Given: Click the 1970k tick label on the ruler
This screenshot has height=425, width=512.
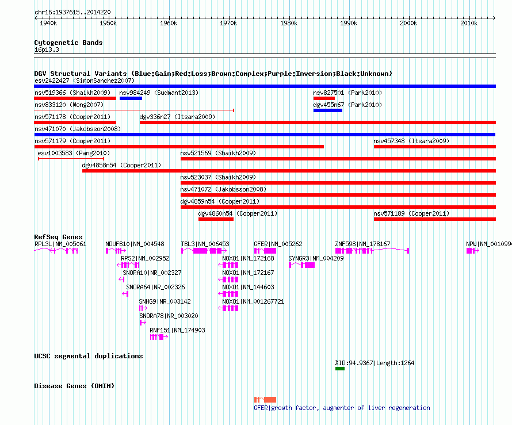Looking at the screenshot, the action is [228, 23].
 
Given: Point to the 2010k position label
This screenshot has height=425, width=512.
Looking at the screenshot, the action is [469, 23].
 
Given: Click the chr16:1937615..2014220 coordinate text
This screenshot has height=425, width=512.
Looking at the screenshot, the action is [72, 12].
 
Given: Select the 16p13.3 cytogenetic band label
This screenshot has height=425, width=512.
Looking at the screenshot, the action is [47, 49].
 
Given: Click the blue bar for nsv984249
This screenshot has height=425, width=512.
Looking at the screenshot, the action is [131, 98].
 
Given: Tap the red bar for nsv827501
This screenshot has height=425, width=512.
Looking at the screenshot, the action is [324, 98].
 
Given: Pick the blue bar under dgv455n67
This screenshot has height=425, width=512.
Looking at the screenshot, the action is [328, 110].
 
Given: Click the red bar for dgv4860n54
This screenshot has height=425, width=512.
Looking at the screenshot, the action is [216, 219].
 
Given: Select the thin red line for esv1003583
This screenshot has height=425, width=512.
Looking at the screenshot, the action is [71, 159].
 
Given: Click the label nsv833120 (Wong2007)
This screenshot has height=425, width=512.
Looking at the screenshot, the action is [69, 105].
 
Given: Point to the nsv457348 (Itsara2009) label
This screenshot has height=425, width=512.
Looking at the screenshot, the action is [411, 141].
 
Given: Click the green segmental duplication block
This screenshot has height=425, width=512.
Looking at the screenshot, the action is [340, 369].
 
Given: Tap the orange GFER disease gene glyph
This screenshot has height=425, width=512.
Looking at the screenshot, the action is [265, 400].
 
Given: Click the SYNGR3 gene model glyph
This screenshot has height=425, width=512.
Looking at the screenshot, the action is [301, 265].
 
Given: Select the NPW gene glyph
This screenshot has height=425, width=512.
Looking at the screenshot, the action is [473, 251].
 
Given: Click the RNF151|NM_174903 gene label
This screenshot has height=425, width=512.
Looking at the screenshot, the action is [177, 330].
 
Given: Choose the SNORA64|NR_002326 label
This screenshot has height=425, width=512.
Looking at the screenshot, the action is [155, 287].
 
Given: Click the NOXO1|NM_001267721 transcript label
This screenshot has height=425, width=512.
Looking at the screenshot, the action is [253, 301].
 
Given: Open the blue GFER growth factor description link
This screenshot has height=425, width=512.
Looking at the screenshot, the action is [342, 408].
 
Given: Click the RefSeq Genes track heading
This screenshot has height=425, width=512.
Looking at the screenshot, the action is [58, 237].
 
